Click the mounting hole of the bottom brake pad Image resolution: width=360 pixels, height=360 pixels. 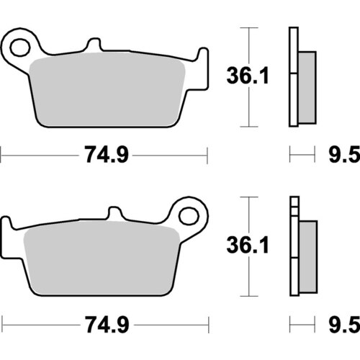coord(189,216)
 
